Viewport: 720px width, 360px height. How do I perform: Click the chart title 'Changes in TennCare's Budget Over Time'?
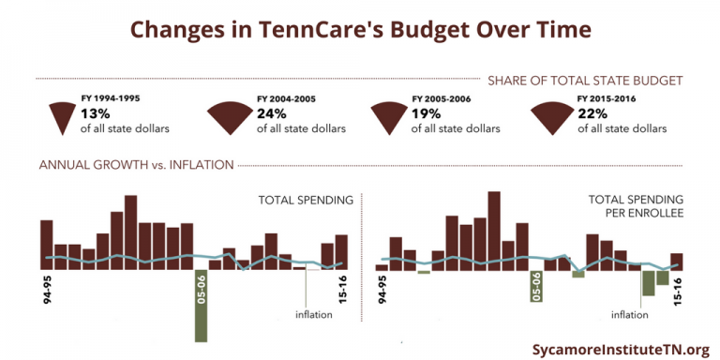pyautogui.click(x=360, y=29)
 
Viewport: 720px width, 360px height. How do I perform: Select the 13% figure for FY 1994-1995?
pyautogui.click(x=96, y=113)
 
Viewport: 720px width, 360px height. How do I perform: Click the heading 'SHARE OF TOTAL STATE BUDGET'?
pyautogui.click(x=584, y=80)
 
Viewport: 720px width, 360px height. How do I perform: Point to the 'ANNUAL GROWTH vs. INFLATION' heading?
pyautogui.click(x=135, y=165)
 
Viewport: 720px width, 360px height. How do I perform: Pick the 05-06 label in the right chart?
pyautogui.click(x=536, y=287)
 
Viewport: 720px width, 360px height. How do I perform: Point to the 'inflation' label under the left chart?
pyautogui.click(x=313, y=314)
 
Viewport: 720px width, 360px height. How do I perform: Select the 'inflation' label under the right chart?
pyautogui.click(x=629, y=314)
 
